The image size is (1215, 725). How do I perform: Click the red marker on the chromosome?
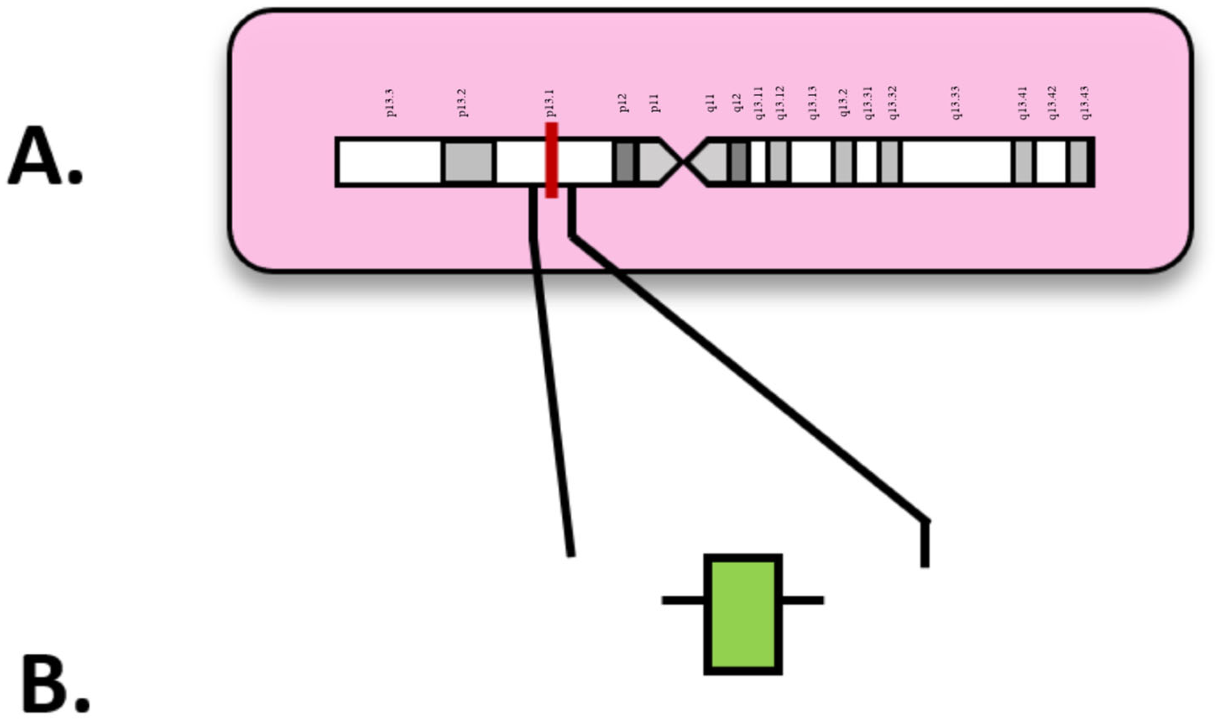pyautogui.click(x=551, y=160)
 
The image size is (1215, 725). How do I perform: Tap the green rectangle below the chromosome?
pyautogui.click(x=743, y=614)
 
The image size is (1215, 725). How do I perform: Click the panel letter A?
pyautogui.click(x=45, y=156)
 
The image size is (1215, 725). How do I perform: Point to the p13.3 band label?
pyautogui.click(x=391, y=103)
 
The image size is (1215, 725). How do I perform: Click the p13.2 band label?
pyautogui.click(x=462, y=103)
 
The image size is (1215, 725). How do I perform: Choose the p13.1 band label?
pyautogui.click(x=550, y=103)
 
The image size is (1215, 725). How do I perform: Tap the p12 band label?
pyautogui.click(x=623, y=103)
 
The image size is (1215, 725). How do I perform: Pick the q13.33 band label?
pyautogui.click(x=956, y=103)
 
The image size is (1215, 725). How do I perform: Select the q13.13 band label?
pyautogui.click(x=812, y=103)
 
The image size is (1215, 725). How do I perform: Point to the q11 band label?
pyautogui.click(x=712, y=103)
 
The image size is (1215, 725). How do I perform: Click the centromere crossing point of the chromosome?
pyautogui.click(x=683, y=162)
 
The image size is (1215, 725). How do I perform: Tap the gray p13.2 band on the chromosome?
pyautogui.click(x=469, y=162)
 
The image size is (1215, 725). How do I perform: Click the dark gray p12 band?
pyautogui.click(x=625, y=162)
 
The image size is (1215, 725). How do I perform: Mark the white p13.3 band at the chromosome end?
pyautogui.click(x=390, y=162)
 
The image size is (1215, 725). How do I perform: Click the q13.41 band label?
pyautogui.click(x=1023, y=103)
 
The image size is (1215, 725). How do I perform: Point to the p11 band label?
pyautogui.click(x=655, y=103)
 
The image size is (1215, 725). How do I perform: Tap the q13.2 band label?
pyautogui.click(x=844, y=103)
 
